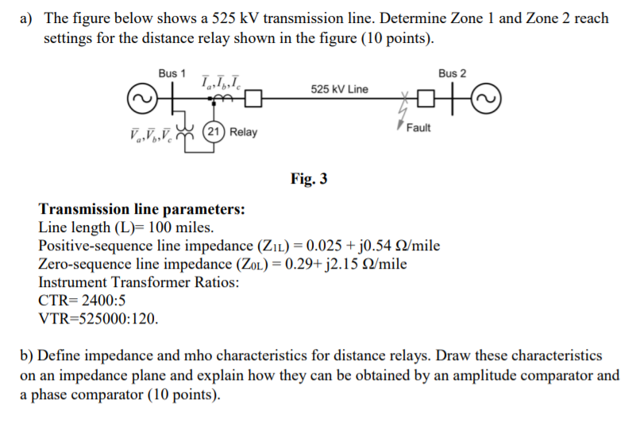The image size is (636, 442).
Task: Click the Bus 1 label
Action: (x=172, y=73)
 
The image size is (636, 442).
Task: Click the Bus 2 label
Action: (x=452, y=73)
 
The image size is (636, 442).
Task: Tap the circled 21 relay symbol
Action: (x=213, y=131)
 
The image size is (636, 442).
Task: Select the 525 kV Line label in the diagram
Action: (x=339, y=89)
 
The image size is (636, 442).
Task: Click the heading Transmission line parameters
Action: (x=141, y=210)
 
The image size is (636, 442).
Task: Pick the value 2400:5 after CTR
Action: (x=102, y=301)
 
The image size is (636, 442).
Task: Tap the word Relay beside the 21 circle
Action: (x=243, y=132)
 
